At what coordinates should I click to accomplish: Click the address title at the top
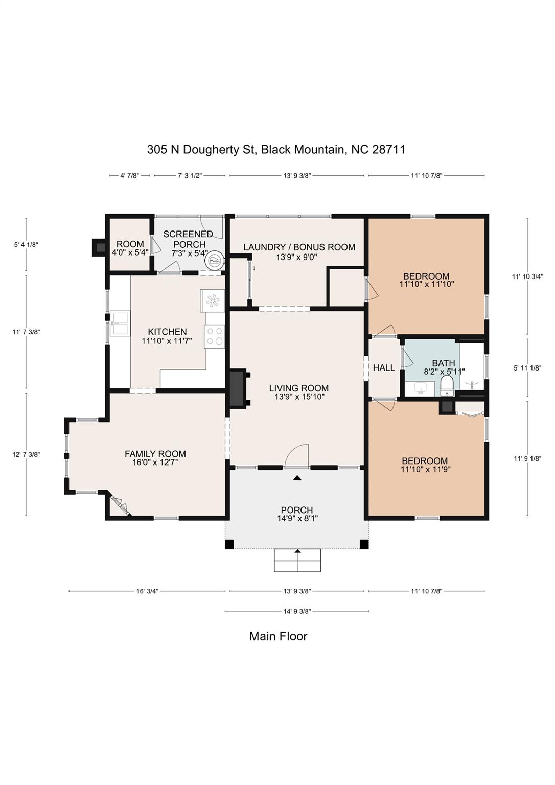[276, 149]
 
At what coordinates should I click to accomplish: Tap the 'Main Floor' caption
[278, 636]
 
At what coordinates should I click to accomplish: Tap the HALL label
[384, 367]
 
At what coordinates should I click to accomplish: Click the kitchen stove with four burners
[215, 336]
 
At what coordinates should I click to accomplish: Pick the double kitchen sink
[120, 324]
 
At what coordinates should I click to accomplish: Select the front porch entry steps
[297, 561]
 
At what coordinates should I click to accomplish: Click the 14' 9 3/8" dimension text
[297, 611]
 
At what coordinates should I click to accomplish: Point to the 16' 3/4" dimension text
[147, 591]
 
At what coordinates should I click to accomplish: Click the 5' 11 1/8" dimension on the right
[527, 367]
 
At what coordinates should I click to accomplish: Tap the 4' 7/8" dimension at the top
[129, 175]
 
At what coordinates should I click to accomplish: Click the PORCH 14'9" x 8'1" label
[297, 514]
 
